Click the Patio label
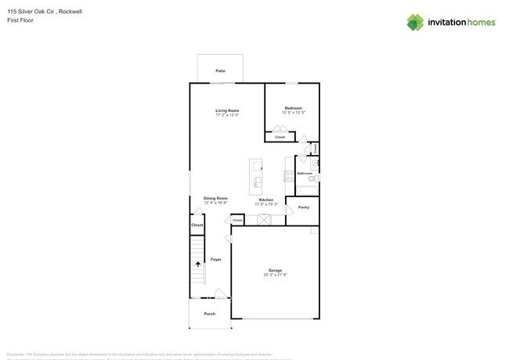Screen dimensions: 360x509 pyautogui.click(x=221, y=70)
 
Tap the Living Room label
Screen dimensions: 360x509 pyautogui.click(x=227, y=110)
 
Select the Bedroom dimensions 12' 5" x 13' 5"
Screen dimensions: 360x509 pyautogui.click(x=293, y=113)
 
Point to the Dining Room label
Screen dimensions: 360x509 pyautogui.click(x=215, y=198)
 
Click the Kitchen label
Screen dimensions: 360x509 pyautogui.click(x=266, y=200)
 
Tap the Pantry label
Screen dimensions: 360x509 pyautogui.click(x=303, y=207)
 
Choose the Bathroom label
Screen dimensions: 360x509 pyautogui.click(x=305, y=173)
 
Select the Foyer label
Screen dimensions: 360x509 pyautogui.click(x=215, y=259)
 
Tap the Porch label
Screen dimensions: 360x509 pyautogui.click(x=209, y=313)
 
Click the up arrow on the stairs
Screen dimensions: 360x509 pyautogui.click(x=197, y=265)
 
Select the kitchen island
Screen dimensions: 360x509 pyautogui.click(x=256, y=177)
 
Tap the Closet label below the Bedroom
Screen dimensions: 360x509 pyautogui.click(x=280, y=137)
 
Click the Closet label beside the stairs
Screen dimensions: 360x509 pyautogui.click(x=197, y=225)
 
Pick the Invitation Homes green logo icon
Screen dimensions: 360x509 pyautogui.click(x=415, y=23)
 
